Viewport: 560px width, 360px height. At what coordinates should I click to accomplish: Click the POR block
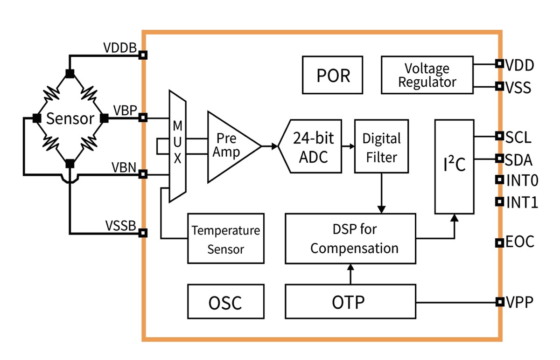tap(333, 75)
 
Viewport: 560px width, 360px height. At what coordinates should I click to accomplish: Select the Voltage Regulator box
tap(427, 75)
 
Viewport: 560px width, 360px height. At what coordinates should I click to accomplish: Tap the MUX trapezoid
tap(177, 145)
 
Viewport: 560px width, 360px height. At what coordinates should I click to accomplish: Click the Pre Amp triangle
tap(229, 146)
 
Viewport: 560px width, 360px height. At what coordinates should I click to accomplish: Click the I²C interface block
tap(454, 166)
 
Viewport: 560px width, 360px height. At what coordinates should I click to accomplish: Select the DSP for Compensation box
tap(350, 238)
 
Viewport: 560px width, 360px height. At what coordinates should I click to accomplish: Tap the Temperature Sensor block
tap(226, 239)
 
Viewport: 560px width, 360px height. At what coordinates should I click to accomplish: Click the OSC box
tap(225, 302)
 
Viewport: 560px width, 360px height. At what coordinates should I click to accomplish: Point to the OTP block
tap(350, 302)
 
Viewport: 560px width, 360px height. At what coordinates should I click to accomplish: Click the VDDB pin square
tap(144, 55)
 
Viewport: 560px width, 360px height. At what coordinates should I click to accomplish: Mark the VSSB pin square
tap(144, 232)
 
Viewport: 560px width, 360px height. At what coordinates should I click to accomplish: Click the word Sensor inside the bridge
tap(70, 118)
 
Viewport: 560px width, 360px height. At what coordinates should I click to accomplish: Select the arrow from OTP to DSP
tap(350, 274)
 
